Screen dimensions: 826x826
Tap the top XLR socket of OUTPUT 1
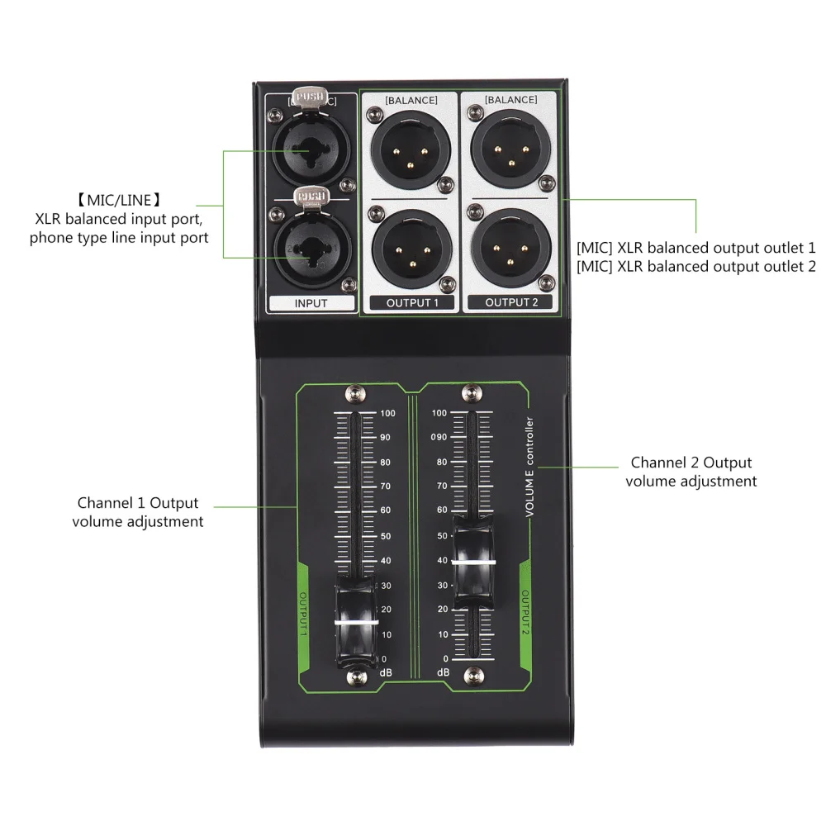tap(410, 149)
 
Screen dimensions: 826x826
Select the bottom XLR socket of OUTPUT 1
tap(410, 247)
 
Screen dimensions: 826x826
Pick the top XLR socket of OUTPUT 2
tap(509, 149)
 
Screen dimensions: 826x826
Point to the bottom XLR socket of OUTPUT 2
tap(509, 247)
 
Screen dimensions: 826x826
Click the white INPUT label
tap(311, 303)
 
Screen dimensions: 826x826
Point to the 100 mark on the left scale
tap(387, 413)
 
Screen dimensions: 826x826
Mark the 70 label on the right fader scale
tap(441, 486)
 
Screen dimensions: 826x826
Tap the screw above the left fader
tap(356, 392)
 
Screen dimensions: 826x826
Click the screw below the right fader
tap(472, 676)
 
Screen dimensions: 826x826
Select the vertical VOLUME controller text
tap(530, 468)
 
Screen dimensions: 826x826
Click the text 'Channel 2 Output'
tap(691, 463)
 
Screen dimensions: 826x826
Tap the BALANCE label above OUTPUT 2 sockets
tap(510, 101)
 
